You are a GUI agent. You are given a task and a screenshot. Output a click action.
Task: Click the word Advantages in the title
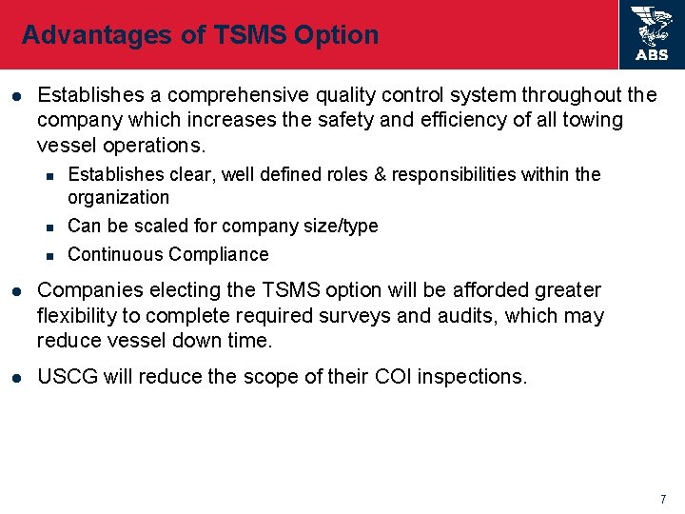point(83,35)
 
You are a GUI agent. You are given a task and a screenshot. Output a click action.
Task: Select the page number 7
point(663,500)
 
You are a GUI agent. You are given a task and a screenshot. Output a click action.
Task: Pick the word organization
point(118,198)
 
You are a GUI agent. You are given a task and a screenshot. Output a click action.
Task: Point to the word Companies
point(83,290)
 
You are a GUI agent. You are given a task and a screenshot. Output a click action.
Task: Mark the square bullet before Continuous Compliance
point(49,254)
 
